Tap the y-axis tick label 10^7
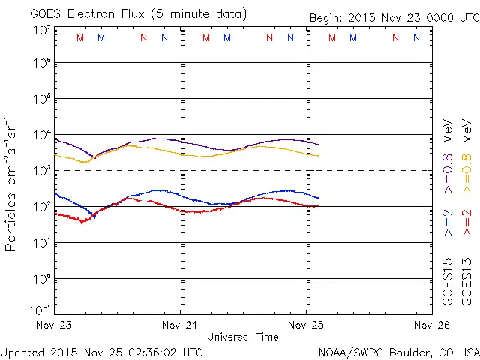(x=41, y=30)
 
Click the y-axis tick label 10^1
(x=41, y=243)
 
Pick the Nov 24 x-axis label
(x=181, y=325)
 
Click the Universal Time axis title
(x=243, y=337)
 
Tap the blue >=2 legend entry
(x=448, y=222)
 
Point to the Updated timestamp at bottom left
(x=101, y=352)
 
